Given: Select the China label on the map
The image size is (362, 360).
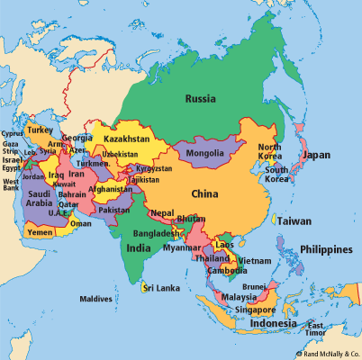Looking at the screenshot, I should pyautogui.click(x=205, y=193).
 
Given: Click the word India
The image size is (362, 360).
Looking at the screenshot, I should pyautogui.click(x=139, y=247).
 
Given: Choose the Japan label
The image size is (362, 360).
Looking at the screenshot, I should pyautogui.click(x=316, y=155).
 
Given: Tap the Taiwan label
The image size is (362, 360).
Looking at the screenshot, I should pyautogui.click(x=294, y=220).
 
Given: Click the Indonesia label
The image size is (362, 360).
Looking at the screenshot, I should pyautogui.click(x=274, y=323).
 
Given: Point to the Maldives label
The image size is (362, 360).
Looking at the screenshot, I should pyautogui.click(x=95, y=299).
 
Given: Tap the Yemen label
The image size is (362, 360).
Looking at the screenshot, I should pyautogui.click(x=41, y=231).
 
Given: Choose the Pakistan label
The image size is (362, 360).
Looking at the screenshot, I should pyautogui.click(x=114, y=210).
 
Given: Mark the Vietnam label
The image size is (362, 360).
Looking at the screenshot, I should pyautogui.click(x=254, y=261).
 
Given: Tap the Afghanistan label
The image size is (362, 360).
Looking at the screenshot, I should pyautogui.click(x=109, y=189).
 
